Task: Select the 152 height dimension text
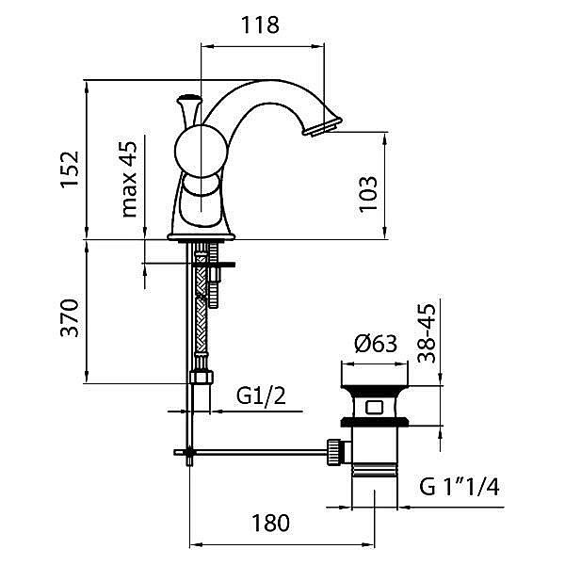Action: coord(69,168)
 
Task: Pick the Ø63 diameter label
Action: coord(375,345)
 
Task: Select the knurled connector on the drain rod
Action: coord(333,450)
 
